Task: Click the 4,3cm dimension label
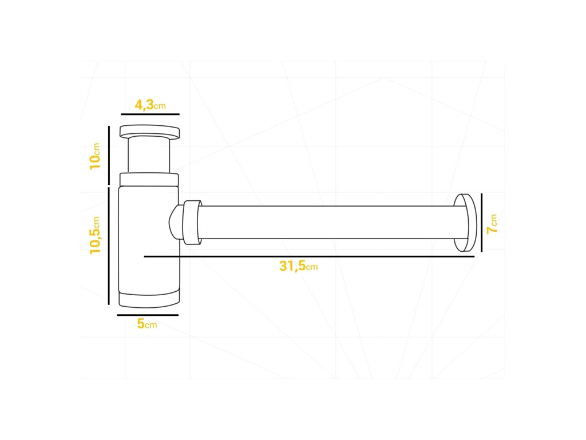tap(150, 105)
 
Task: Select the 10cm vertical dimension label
tap(95, 156)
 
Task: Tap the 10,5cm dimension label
tap(95, 235)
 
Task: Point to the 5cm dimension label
tap(147, 324)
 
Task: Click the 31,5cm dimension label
tap(298, 266)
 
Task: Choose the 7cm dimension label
tap(492, 224)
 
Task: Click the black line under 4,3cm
tap(151, 114)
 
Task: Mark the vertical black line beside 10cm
tap(109, 155)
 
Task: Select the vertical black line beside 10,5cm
tap(109, 246)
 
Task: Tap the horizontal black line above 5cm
tap(148, 315)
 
